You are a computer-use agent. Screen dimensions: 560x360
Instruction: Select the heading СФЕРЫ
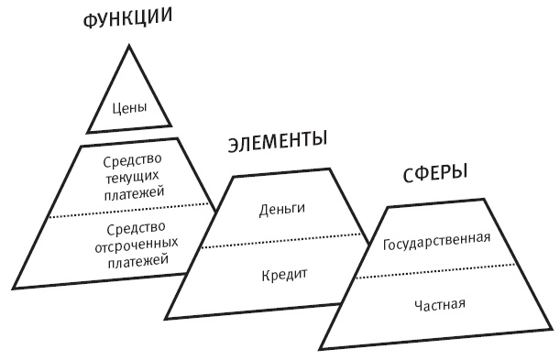pyautogui.click(x=434, y=173)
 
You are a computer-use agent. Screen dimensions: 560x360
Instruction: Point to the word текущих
pyautogui.click(x=129, y=178)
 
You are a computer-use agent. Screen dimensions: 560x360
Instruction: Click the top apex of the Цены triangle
pyautogui.click(x=129, y=46)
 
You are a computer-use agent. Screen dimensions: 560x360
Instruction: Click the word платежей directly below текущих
pyautogui.click(x=129, y=192)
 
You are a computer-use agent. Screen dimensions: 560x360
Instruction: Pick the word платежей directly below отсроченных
pyautogui.click(x=129, y=261)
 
